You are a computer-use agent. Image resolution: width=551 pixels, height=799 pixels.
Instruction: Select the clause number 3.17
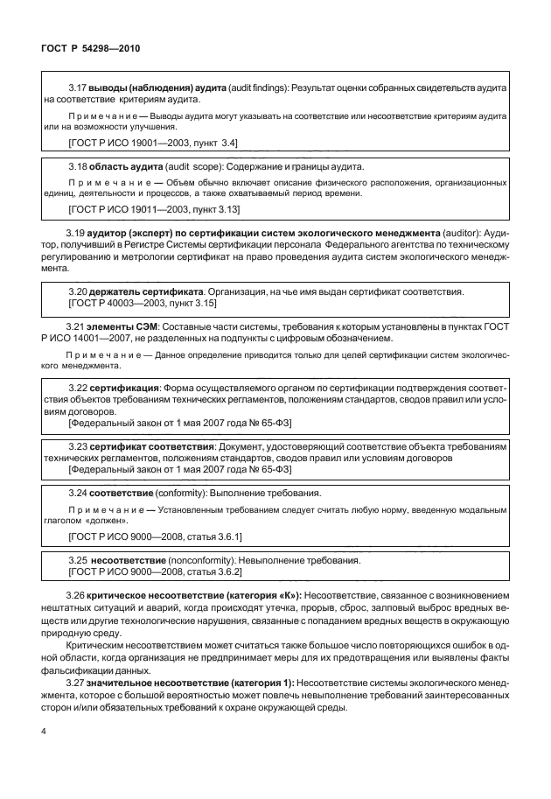click(x=78, y=89)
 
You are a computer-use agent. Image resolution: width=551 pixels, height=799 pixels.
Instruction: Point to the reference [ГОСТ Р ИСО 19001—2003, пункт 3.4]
click(x=152, y=142)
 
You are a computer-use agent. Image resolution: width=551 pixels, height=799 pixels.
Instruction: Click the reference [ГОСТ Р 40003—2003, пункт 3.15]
click(x=143, y=302)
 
